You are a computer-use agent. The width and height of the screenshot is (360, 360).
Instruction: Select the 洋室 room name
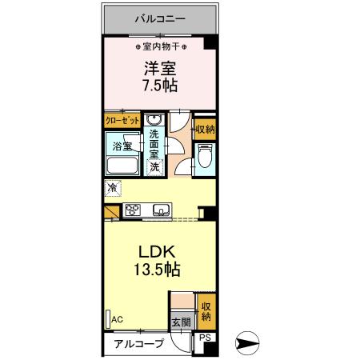coord(158,69)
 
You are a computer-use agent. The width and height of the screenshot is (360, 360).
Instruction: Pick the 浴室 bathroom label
coord(122,146)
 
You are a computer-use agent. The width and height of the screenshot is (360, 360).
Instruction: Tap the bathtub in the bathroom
coord(124,168)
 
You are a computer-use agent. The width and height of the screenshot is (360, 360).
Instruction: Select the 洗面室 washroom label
coord(156,146)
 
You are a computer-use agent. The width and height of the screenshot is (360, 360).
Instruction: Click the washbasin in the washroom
coord(155,120)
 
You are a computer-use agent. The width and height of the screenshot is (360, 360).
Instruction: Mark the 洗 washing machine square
coord(154,167)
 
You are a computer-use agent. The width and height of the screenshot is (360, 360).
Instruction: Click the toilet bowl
coord(204,158)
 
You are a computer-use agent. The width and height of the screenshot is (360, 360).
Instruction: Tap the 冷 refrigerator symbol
coord(111,189)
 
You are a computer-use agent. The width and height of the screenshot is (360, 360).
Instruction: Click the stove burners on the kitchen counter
coord(134,211)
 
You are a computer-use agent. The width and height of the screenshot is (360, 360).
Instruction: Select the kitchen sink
coord(161,211)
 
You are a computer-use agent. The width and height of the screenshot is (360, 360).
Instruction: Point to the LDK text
coord(157,250)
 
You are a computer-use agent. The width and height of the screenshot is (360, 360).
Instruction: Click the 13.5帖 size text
coord(157,270)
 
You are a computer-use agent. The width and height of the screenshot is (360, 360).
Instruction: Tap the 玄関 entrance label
coord(181,322)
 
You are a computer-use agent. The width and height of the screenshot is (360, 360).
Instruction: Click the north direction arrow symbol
coord(249,345)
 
